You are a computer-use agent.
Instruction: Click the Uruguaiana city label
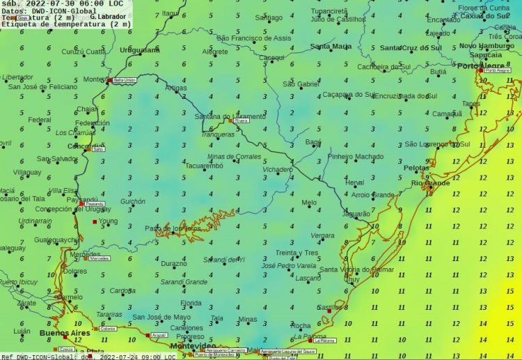point(141,51)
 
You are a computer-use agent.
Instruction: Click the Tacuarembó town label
point(204,166)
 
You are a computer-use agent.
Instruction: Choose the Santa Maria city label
point(331,47)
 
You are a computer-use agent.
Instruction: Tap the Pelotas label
point(418,169)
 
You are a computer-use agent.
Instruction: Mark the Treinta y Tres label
point(296,253)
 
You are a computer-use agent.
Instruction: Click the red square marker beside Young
point(95,221)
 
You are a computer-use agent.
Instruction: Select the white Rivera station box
point(242,120)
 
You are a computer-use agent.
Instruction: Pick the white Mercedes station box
point(100,258)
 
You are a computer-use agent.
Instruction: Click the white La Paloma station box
point(325,341)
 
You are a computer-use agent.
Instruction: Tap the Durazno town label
point(174,264)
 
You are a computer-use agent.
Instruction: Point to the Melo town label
point(309,203)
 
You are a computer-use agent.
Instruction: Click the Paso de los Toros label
point(173,228)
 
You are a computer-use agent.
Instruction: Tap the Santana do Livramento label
point(229,116)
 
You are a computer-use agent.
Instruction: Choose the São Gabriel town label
point(301,84)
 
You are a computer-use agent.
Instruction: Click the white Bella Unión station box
point(125,80)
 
